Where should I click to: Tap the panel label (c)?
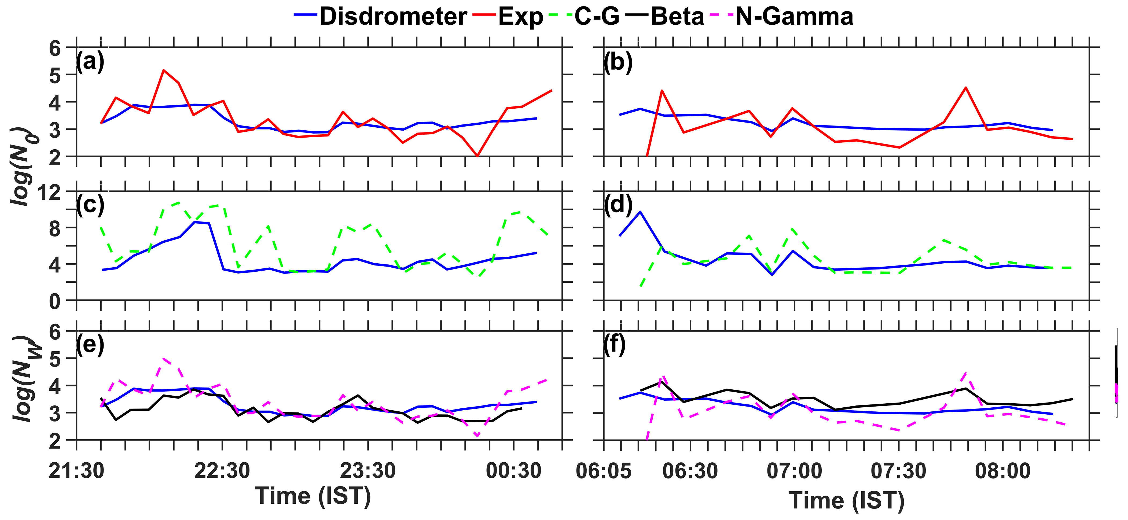(90, 204)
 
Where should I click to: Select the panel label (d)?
(618, 204)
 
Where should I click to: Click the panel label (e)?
(90, 345)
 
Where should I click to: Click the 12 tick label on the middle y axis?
(49, 192)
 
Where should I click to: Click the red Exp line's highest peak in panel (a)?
(163, 70)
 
